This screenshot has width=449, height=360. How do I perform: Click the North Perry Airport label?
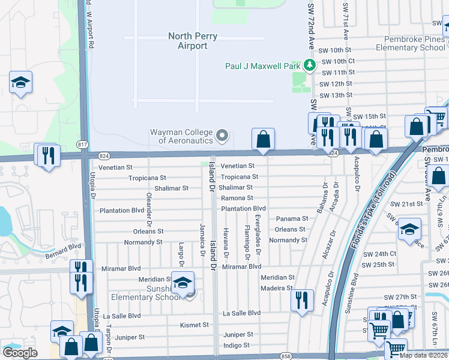point(188,41)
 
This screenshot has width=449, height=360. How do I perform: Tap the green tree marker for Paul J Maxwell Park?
point(309,65)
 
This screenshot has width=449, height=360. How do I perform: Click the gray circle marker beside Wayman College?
point(223,136)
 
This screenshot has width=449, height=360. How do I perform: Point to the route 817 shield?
point(82,145)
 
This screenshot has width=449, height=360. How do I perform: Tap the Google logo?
point(20,352)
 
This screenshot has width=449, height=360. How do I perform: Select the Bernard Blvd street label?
point(62,251)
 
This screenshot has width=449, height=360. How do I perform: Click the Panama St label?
point(292,219)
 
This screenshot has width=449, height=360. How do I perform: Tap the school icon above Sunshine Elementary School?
point(182,283)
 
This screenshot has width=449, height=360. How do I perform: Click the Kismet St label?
point(194,325)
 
